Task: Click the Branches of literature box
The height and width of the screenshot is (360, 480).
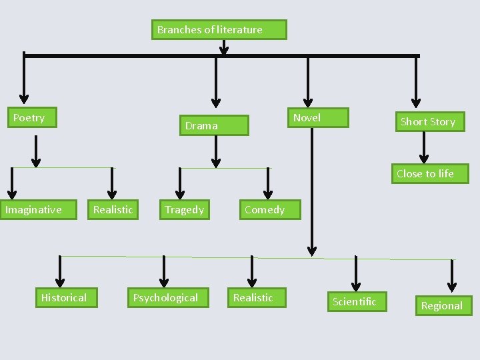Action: click(219, 29)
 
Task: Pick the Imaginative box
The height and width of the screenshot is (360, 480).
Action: click(37, 209)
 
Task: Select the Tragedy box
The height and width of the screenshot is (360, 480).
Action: click(185, 209)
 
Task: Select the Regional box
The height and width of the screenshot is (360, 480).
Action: click(443, 305)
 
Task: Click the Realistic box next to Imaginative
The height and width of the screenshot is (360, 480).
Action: click(113, 209)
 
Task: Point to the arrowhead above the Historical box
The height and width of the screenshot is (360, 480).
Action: click(60, 282)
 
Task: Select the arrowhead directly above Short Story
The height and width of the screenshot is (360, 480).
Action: click(416, 102)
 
